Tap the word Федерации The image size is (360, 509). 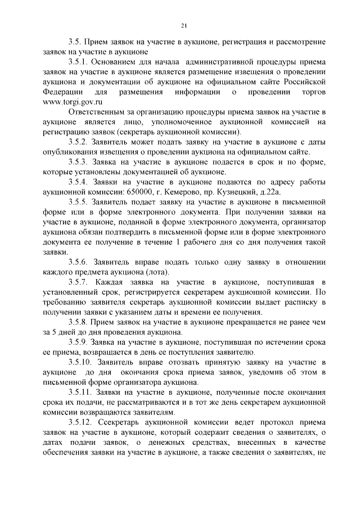(x=63, y=92)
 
